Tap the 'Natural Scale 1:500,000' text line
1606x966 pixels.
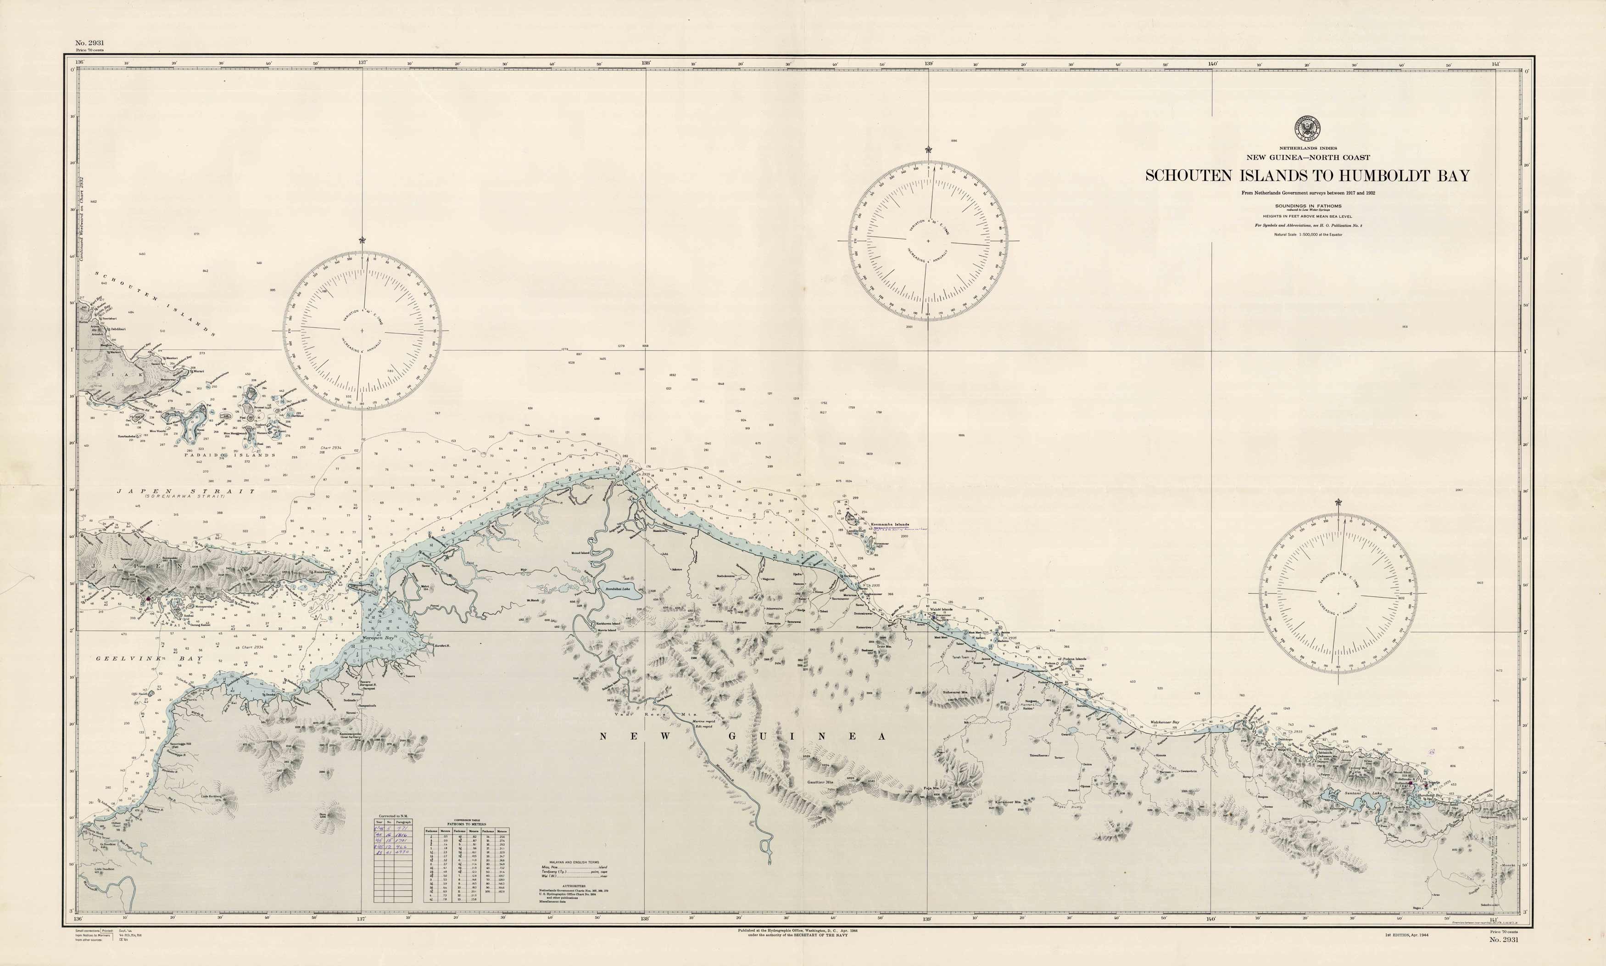1307,234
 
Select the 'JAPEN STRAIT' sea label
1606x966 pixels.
186,491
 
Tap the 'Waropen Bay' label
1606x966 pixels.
379,638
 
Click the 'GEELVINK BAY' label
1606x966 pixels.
150,659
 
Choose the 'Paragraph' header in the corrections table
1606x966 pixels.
402,822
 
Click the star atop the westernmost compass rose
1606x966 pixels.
362,240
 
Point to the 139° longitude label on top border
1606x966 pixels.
928,64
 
